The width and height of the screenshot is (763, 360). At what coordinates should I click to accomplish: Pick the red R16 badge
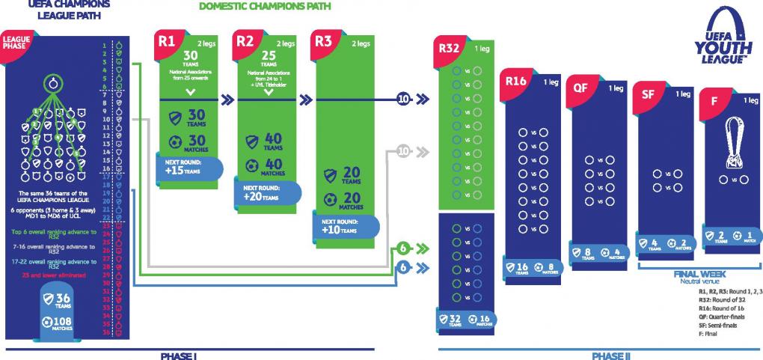517,82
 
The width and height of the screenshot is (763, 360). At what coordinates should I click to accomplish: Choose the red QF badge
580,87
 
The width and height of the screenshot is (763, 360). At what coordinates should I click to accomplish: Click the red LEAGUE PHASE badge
17,43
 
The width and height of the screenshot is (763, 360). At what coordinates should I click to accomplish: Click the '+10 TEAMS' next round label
343,228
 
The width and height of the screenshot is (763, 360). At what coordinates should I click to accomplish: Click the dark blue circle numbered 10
403,97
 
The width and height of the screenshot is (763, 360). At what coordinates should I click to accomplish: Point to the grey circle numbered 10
403,150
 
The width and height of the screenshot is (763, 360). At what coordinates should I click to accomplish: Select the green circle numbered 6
403,248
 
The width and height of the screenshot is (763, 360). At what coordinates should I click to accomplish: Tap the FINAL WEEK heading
694,274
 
